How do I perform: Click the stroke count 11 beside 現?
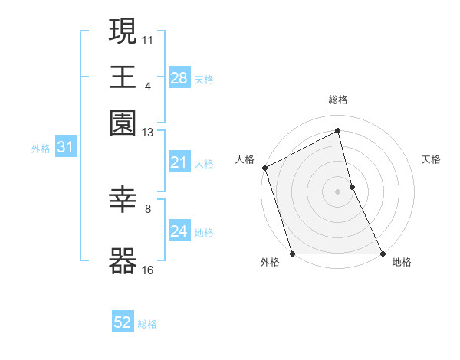(x=148, y=39)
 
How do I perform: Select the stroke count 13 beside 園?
(x=148, y=133)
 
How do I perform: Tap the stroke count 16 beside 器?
(x=148, y=270)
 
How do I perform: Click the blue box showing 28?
(x=179, y=77)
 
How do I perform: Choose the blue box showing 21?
(x=179, y=162)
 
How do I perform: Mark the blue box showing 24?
(x=179, y=231)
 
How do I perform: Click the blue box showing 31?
(x=65, y=148)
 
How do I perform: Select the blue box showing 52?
(x=123, y=323)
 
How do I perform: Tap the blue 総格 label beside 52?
(x=147, y=324)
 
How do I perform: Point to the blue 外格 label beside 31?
(x=41, y=149)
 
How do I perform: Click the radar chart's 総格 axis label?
(x=338, y=100)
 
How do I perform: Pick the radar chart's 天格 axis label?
(x=432, y=159)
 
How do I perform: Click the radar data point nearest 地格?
(x=382, y=254)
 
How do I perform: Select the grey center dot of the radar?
(x=338, y=191)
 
